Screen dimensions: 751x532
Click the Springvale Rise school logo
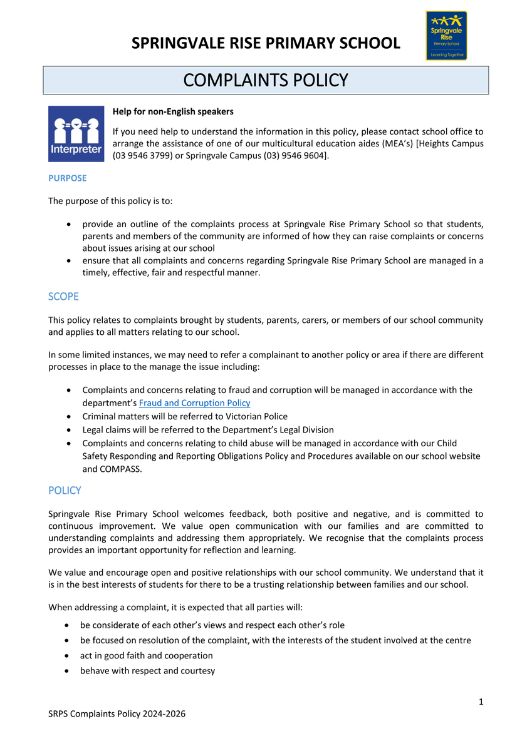point(446,36)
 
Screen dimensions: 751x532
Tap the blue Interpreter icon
point(76,134)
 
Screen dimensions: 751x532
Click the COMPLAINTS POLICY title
point(266,80)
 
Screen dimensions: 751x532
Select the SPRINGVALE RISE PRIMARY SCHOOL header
point(266,43)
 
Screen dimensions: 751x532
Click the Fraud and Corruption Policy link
point(194,403)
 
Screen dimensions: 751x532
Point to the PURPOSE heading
point(68,178)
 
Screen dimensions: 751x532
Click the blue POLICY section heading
point(65,490)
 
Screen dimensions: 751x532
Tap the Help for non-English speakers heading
point(173,111)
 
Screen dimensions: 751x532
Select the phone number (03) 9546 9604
point(294,156)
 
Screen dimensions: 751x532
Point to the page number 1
point(481,702)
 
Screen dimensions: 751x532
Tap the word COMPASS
point(120,469)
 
